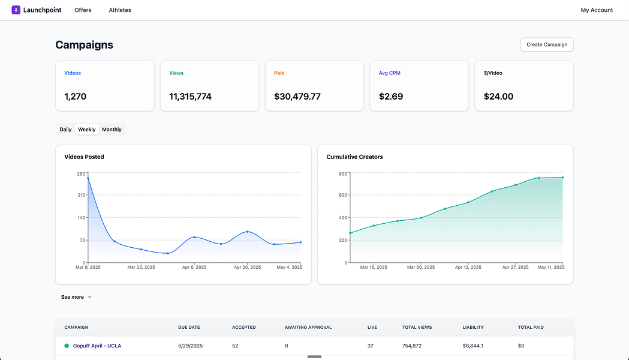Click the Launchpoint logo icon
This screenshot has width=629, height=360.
(16, 10)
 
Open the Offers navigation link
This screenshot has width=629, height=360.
(83, 10)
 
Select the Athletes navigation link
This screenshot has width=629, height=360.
(120, 10)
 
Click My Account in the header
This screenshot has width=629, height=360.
(597, 10)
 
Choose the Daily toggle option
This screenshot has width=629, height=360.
(65, 130)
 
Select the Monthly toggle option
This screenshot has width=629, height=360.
(112, 130)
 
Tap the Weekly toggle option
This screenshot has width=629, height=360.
(87, 130)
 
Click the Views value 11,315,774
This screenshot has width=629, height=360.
(190, 97)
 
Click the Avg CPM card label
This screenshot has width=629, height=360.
(389, 73)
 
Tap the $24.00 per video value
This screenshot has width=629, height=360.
(498, 97)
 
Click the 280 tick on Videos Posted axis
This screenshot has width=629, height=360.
(81, 174)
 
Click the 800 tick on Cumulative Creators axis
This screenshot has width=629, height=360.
(343, 174)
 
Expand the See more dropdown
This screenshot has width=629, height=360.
(76, 297)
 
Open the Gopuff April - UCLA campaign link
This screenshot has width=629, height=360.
(97, 346)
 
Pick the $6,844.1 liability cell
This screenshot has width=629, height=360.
(473, 346)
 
